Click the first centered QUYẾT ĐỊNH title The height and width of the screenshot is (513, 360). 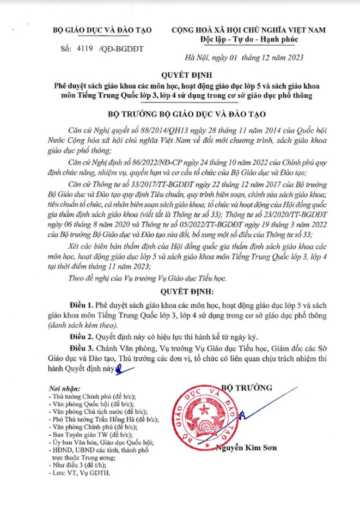180,74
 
